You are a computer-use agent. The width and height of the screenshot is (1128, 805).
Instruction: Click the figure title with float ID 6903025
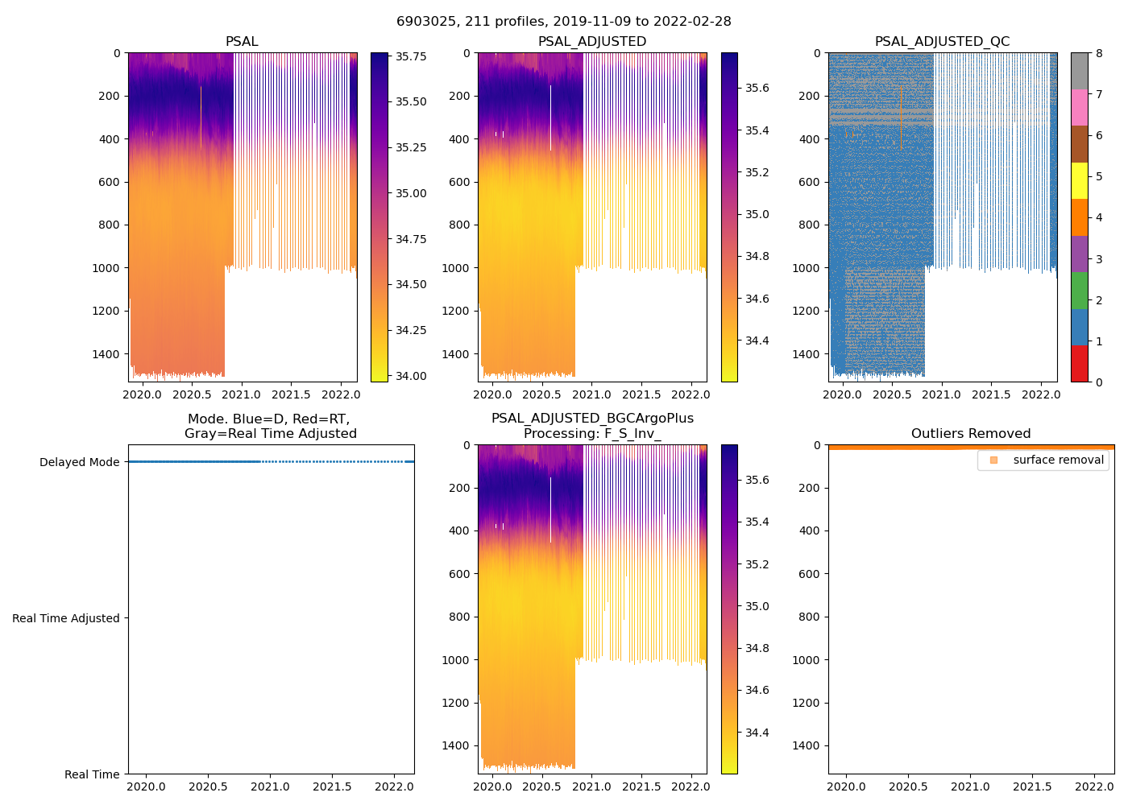point(563,22)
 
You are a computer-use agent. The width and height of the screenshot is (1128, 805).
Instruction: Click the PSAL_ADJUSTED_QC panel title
point(942,42)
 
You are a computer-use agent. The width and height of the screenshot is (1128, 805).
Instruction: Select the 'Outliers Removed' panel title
point(970,434)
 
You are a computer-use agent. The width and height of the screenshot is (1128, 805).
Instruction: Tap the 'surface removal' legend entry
point(1058,460)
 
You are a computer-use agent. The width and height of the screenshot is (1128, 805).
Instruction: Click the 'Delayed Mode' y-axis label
point(79,462)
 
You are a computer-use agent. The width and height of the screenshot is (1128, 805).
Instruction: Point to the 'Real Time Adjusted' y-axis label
point(66,618)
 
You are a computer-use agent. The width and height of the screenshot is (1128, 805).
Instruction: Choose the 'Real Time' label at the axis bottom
point(92,774)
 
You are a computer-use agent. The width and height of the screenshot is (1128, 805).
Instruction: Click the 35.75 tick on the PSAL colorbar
point(411,57)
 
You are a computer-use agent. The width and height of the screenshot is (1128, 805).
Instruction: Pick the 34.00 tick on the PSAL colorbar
point(411,376)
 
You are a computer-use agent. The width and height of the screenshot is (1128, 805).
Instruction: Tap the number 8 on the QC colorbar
point(1099,53)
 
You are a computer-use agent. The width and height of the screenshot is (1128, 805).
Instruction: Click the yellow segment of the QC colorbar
point(1079,180)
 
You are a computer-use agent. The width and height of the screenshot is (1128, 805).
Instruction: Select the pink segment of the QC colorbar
point(1079,107)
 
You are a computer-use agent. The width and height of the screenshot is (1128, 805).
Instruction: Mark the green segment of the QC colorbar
point(1079,291)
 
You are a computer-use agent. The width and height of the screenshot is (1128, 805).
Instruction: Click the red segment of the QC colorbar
point(1079,363)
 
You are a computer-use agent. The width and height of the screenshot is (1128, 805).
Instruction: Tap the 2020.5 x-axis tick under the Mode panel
point(209,786)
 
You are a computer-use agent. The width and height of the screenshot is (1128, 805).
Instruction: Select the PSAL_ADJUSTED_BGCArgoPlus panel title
point(592,426)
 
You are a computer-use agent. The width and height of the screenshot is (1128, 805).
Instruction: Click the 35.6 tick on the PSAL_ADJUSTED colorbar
point(757,88)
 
